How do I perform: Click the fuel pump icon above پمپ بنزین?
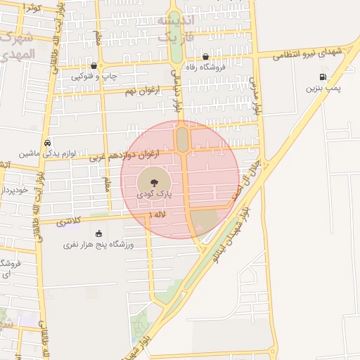pyautogui.click(x=323, y=77)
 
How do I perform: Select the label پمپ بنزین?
pyautogui.click(x=323, y=89)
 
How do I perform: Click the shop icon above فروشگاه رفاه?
pyautogui.click(x=205, y=57)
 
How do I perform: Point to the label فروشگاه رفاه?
pyautogui.click(x=204, y=67)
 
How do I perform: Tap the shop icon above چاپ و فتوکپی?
pyautogui.click(x=94, y=65)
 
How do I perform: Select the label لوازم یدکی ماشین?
pyautogui.click(x=48, y=153)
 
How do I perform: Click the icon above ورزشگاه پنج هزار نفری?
pyautogui.click(x=98, y=233)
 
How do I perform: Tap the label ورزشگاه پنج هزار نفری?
pyautogui.click(x=98, y=245)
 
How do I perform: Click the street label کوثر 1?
pyautogui.click(x=32, y=6)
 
